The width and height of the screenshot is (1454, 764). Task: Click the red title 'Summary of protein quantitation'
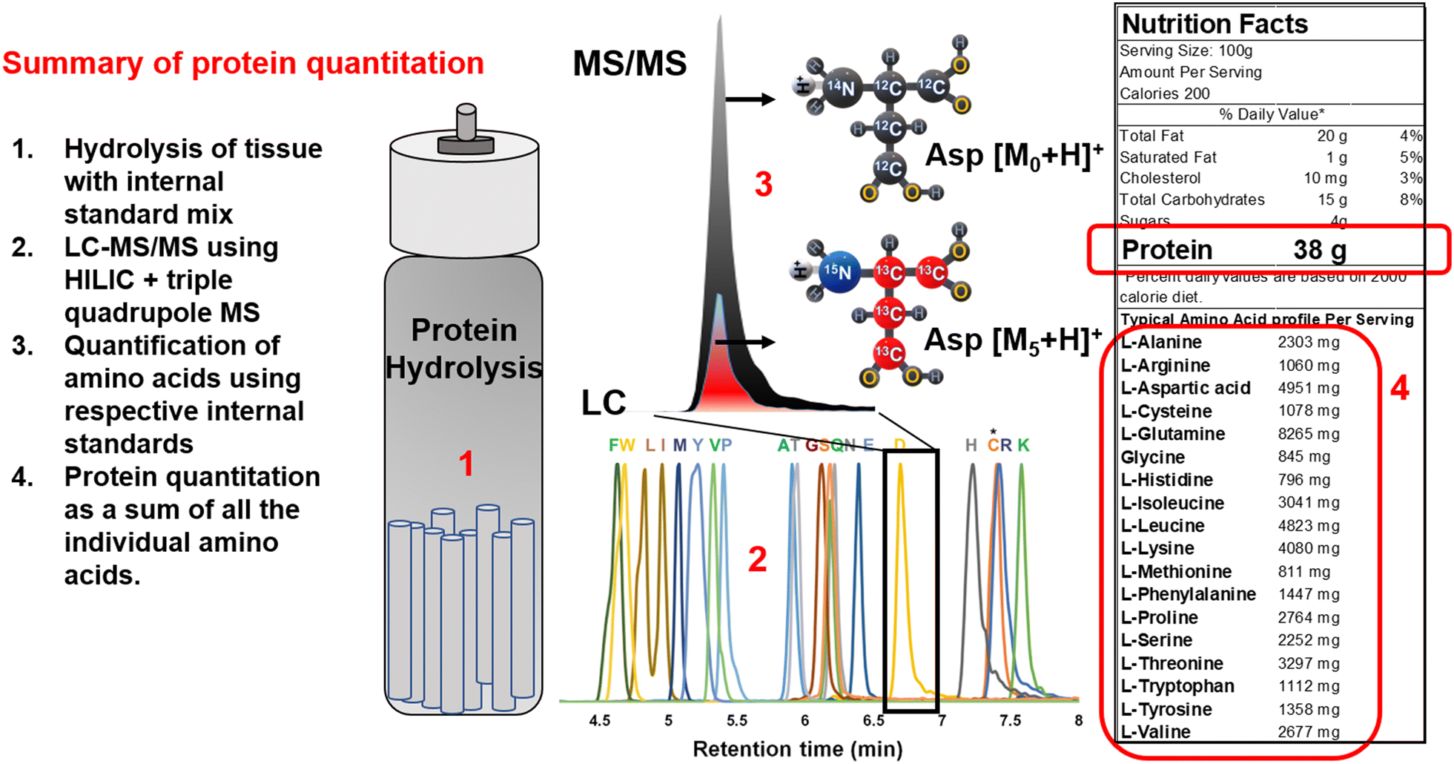pos(243,64)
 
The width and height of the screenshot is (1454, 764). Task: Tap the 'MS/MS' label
pos(629,64)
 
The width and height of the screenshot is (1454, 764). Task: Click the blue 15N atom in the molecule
pos(839,272)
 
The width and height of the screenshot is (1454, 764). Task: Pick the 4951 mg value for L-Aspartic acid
pos(1309,388)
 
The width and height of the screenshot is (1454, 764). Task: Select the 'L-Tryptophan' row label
pos(1177,686)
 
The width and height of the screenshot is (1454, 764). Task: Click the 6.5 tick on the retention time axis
pos(873,720)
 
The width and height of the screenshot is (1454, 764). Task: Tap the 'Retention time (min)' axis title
pos(797,749)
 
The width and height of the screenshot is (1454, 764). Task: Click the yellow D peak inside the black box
pos(900,519)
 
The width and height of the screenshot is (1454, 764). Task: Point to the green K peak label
pos(1023,445)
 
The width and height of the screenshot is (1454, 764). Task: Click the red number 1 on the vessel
pos(466,464)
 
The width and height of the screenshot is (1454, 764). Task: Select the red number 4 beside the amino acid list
pos(1399,388)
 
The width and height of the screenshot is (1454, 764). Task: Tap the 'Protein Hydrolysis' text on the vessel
pos(464,349)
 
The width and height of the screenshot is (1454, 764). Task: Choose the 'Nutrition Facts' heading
pos(1215,24)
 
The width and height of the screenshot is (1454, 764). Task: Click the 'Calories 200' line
pos(1164,93)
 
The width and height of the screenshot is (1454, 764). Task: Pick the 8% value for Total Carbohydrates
pos(1411,200)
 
